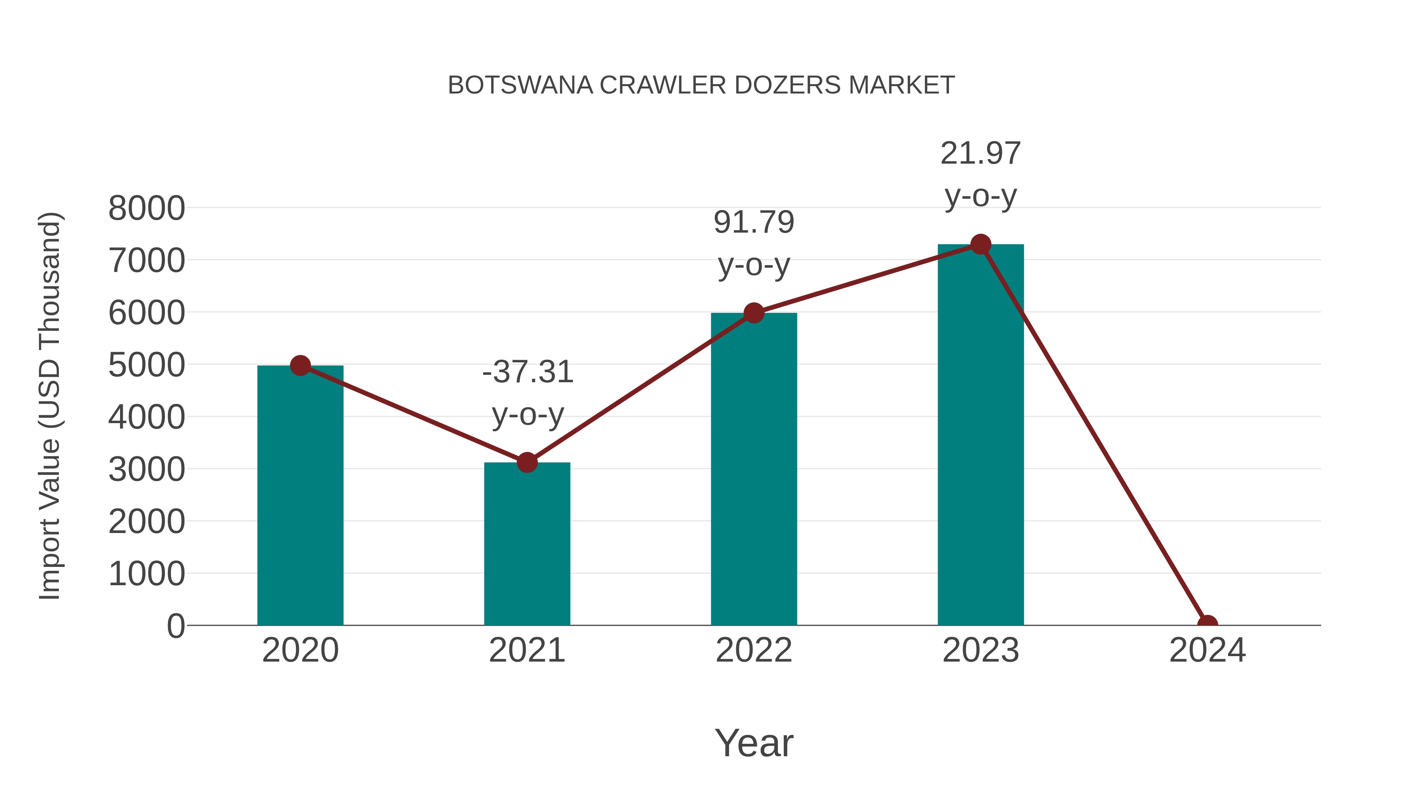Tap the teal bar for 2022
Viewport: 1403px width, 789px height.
(x=754, y=469)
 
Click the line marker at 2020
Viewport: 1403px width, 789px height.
(x=300, y=365)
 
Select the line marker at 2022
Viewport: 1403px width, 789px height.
(x=754, y=313)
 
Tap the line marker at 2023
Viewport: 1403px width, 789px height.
(x=981, y=244)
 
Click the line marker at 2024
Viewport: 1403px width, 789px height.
(x=1207, y=624)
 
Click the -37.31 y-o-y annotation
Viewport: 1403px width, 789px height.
(x=528, y=393)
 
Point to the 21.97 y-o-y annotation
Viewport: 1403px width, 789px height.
(x=981, y=174)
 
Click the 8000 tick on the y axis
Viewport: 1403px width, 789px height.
(x=147, y=208)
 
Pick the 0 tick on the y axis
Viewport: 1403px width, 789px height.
(x=176, y=626)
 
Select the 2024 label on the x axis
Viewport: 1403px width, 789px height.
(x=1207, y=650)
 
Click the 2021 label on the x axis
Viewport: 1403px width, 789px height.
(x=527, y=650)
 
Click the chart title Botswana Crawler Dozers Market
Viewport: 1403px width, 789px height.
(x=701, y=85)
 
